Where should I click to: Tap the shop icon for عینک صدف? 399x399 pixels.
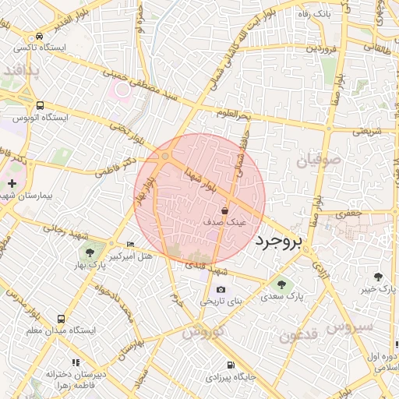[x=225, y=210]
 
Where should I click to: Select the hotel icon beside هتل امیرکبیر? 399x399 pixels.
[x=130, y=244]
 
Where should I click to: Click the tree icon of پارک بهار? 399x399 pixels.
[x=90, y=252]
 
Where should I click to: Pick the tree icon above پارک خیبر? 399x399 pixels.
[x=380, y=277]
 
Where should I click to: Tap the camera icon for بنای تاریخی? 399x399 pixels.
[x=221, y=290]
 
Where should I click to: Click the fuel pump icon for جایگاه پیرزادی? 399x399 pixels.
[x=230, y=365]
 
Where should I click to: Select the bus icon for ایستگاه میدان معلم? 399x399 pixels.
[x=61, y=318]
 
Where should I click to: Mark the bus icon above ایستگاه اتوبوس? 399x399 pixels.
[x=40, y=105]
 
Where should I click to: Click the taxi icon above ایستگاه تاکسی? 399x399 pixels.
[x=39, y=35]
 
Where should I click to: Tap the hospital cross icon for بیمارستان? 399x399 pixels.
[x=12, y=183]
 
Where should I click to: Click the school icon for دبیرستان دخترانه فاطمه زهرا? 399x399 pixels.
[x=76, y=362]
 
